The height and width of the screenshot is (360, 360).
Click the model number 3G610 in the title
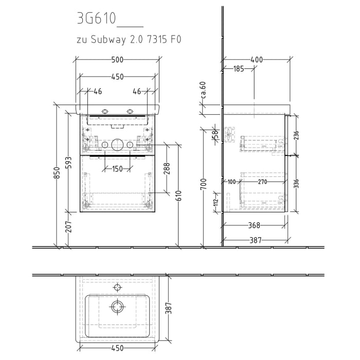[96, 19]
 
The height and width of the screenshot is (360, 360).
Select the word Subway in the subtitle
[108, 39]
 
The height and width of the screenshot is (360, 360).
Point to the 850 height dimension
[58, 175]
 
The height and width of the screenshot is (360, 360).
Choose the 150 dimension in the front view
[118, 169]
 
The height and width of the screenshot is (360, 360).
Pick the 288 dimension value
[167, 168]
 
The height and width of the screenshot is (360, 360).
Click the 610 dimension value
[178, 196]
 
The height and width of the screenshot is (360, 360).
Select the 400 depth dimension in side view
[256, 60]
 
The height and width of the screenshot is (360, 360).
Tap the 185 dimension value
[238, 69]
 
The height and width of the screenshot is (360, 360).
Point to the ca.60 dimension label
[203, 90]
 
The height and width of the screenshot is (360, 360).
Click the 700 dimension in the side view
[204, 184]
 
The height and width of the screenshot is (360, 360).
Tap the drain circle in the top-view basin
[118, 307]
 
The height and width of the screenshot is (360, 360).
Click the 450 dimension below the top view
[117, 348]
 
